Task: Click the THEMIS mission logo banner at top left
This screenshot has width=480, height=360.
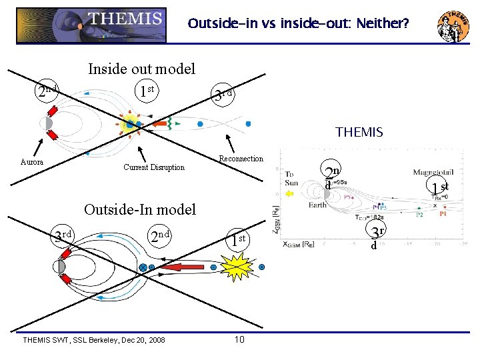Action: pyautogui.click(x=91, y=25)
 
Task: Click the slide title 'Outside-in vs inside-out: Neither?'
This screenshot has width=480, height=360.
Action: pyautogui.click(x=298, y=25)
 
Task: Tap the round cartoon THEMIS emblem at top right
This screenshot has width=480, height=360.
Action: pyautogui.click(x=453, y=27)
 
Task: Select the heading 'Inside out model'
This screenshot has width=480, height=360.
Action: pyautogui.click(x=142, y=69)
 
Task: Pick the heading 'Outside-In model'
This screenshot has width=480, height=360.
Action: pyautogui.click(x=139, y=209)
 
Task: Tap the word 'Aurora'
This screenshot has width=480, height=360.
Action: pyautogui.click(x=32, y=162)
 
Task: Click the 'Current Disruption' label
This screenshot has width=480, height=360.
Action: pyautogui.click(x=154, y=167)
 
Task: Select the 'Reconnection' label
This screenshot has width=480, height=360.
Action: pyautogui.click(x=241, y=159)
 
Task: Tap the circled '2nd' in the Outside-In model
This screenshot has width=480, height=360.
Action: pyautogui.click(x=161, y=236)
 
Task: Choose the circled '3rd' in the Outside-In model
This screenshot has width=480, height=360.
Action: pyautogui.click(x=63, y=235)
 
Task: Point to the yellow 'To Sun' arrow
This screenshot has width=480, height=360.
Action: pyautogui.click(x=289, y=193)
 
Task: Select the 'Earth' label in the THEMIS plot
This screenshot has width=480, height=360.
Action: pyautogui.click(x=318, y=205)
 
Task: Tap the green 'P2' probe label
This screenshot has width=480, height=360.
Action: pyautogui.click(x=420, y=215)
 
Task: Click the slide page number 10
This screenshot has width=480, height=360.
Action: pyautogui.click(x=240, y=340)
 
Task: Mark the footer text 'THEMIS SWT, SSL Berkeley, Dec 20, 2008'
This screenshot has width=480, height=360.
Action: pyautogui.click(x=94, y=340)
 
